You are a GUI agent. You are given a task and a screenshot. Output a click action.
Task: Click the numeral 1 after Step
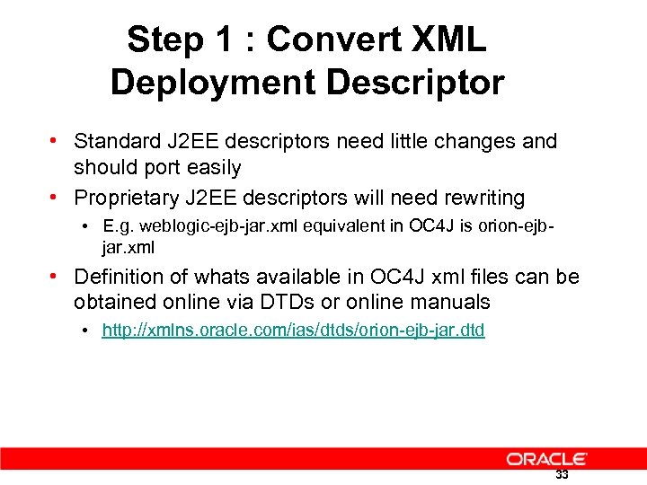coord(226,40)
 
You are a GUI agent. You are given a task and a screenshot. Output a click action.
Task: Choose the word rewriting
coord(480,197)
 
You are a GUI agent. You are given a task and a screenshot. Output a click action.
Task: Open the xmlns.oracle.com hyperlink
coord(293,331)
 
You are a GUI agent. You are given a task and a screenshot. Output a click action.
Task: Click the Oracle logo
coord(547,458)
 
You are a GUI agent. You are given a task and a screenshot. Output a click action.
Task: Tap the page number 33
coord(562,475)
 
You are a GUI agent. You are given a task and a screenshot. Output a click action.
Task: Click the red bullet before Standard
coord(56,141)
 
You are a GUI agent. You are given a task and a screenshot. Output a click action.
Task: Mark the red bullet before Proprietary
coord(56,197)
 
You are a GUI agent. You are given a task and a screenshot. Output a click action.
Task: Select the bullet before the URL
coord(83,331)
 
